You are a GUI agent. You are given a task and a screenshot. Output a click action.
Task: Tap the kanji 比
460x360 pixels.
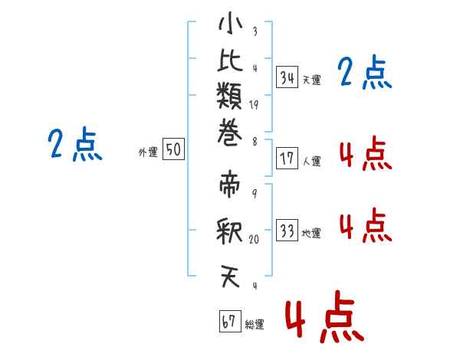[x=230, y=60]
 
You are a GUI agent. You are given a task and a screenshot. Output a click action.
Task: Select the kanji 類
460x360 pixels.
[x=229, y=96]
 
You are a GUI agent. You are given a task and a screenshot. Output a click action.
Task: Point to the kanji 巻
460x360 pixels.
[x=230, y=132]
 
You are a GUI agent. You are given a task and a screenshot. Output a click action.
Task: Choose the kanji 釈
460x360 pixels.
[x=229, y=231]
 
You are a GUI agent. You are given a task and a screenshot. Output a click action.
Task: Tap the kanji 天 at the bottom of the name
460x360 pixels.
[x=230, y=277]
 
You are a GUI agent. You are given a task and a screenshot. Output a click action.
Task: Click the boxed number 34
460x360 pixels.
[x=287, y=77]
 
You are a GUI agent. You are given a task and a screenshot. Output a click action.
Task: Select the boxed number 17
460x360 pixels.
[x=287, y=159]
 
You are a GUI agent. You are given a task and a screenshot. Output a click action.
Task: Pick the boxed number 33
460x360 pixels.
[x=287, y=230]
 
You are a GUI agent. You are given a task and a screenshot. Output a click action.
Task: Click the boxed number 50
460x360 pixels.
[x=173, y=149]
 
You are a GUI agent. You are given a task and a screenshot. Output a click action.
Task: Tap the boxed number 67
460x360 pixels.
[x=230, y=321]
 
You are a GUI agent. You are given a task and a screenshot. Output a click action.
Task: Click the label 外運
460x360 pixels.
[x=148, y=152]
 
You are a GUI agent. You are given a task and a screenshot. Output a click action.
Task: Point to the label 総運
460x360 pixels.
[x=255, y=324]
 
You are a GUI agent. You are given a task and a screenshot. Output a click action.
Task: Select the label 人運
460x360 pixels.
[x=312, y=161]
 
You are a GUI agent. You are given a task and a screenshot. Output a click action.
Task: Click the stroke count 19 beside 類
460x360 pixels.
[x=254, y=105]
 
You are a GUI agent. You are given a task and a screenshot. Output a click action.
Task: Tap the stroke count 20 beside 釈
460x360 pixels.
[x=254, y=239]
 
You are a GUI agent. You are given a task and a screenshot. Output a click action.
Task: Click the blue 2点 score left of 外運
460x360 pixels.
[x=75, y=144]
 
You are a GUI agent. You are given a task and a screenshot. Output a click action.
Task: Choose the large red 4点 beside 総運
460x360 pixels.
[x=325, y=316]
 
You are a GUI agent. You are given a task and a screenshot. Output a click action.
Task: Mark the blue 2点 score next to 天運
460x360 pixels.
[x=364, y=72]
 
